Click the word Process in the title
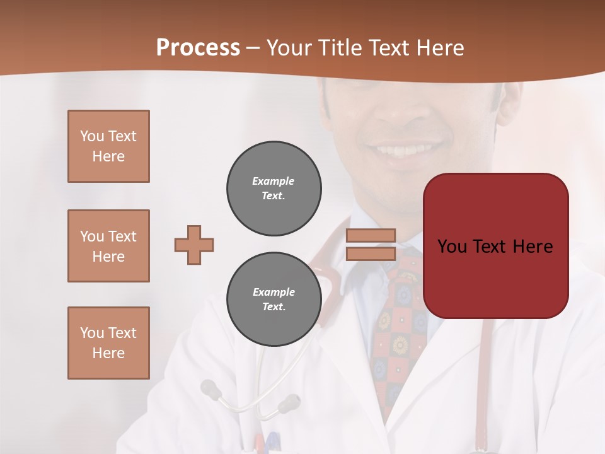[x=198, y=48]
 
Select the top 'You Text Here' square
[x=108, y=146]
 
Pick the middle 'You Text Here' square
[x=108, y=246]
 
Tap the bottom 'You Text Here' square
[x=108, y=343]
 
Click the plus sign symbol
[x=194, y=245]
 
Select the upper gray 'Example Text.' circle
[x=274, y=189]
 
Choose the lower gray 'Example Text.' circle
[x=274, y=300]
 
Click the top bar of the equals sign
[x=371, y=236]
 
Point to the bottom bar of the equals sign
[x=371, y=253]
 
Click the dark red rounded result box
[x=495, y=246]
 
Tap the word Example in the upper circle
[x=274, y=181]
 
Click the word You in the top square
[x=92, y=136]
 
